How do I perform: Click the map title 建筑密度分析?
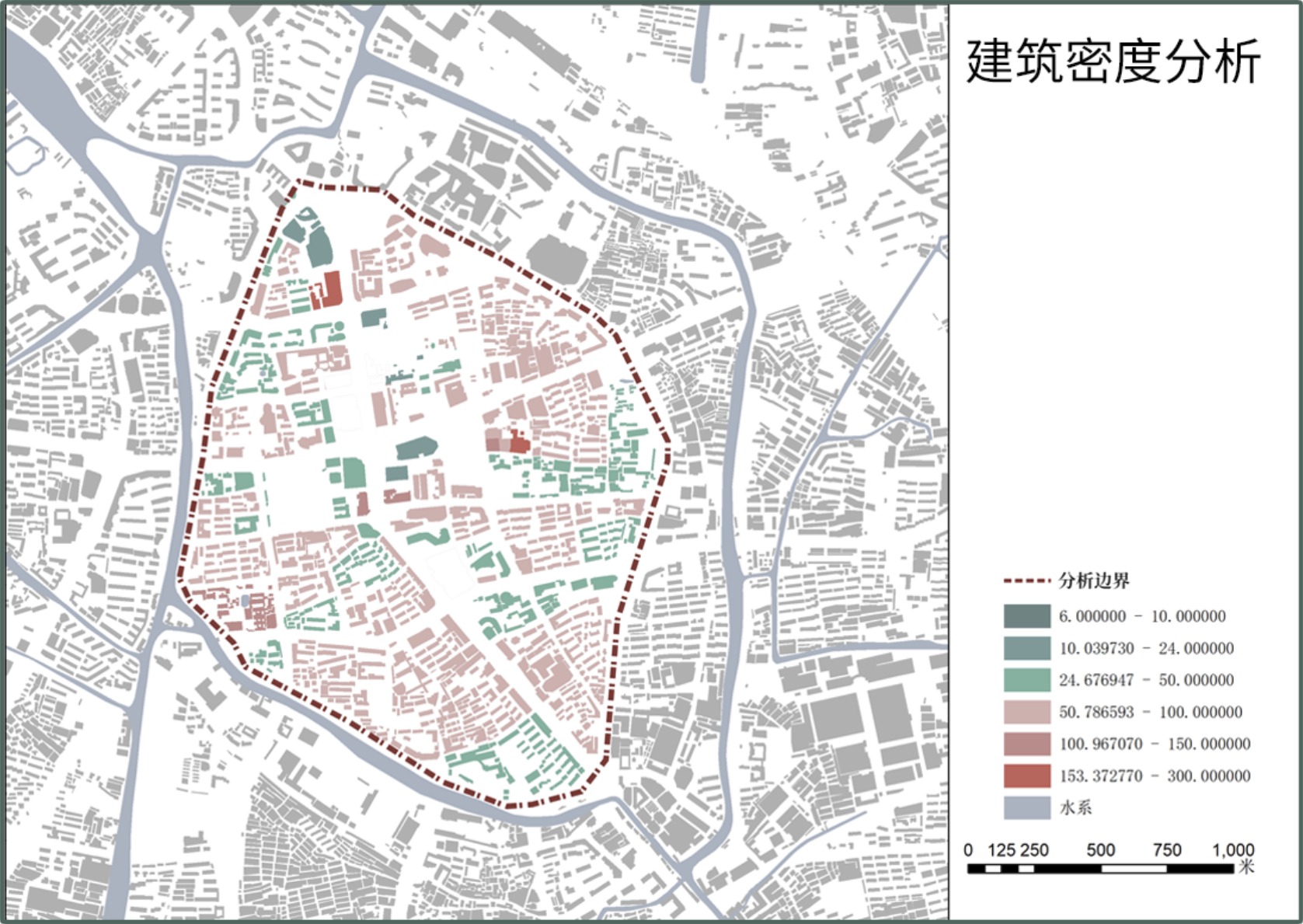coord(1112,61)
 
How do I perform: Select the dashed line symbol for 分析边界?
coord(1026,581)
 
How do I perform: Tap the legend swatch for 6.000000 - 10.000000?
coord(1026,616)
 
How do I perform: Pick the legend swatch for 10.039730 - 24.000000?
coord(1026,648)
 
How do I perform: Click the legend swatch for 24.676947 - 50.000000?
coord(1026,680)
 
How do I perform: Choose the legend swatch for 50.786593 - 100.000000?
coord(1026,712)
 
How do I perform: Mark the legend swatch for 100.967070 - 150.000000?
coord(1026,744)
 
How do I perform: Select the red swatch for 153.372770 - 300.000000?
coord(1026,776)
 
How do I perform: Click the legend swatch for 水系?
coord(1026,807)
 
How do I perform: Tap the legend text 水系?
coord(1076,807)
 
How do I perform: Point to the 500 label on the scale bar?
coord(1100,850)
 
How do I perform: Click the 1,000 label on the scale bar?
coord(1233,850)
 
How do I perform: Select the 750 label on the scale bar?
coord(1166,850)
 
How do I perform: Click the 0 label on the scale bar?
coord(968,850)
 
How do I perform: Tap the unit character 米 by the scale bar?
coord(1246,866)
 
